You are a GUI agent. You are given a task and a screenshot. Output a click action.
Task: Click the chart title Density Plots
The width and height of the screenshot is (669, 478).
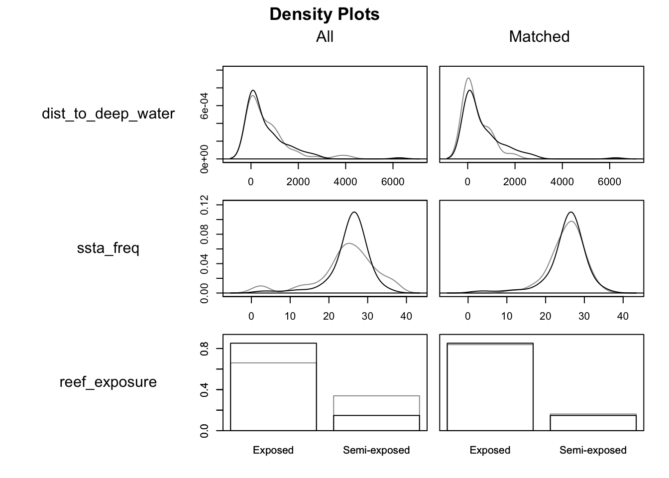click(x=325, y=14)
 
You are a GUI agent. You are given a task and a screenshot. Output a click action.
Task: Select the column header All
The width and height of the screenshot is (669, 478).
click(x=325, y=37)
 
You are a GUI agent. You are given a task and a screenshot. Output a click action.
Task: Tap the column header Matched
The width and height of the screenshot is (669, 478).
click(x=539, y=37)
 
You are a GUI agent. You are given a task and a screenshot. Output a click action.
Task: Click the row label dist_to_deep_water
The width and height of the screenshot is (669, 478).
click(x=108, y=114)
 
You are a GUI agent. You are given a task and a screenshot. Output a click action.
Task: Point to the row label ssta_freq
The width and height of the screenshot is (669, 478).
click(x=108, y=248)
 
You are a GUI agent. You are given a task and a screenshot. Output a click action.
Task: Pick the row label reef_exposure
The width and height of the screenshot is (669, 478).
click(x=108, y=382)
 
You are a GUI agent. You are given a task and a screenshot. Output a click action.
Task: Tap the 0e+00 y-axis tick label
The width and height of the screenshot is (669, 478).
click(x=205, y=159)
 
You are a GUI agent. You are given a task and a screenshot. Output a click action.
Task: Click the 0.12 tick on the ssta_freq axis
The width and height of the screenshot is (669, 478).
click(x=205, y=205)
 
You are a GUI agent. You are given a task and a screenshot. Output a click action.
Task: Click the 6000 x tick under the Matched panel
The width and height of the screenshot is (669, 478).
click(x=609, y=182)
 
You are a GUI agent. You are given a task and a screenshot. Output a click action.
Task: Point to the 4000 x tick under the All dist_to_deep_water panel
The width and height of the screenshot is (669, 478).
click(x=345, y=182)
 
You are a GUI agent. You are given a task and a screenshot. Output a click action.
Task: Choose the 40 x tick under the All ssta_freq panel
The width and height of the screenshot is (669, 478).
click(x=406, y=316)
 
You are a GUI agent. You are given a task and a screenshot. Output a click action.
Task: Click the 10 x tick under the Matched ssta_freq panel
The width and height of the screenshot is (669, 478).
click(x=507, y=316)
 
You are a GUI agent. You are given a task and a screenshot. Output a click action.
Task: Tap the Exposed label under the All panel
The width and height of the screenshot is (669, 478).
click(x=273, y=451)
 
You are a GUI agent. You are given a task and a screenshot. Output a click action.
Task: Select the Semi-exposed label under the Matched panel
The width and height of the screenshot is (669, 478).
click(x=593, y=451)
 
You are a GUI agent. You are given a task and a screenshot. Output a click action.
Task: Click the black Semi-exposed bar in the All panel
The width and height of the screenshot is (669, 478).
click(x=376, y=423)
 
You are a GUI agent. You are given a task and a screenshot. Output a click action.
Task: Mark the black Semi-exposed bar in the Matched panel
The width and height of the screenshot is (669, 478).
click(x=593, y=423)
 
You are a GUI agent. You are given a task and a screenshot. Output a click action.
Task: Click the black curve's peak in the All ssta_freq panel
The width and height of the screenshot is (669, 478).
click(x=354, y=212)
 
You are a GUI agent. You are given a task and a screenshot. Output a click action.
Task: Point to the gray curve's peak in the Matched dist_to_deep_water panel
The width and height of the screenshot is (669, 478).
click(x=468, y=78)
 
